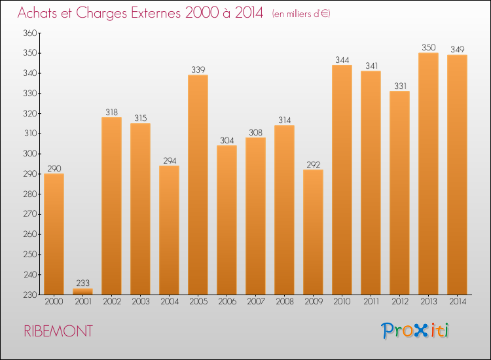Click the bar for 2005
(198, 185)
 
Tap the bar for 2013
(428, 173)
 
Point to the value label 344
(342, 60)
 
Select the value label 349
(457, 49)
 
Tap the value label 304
(227, 140)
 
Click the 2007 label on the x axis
(255, 302)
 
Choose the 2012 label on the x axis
(399, 302)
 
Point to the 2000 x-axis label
(54, 302)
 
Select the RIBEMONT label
(58, 331)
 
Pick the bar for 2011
(371, 183)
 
